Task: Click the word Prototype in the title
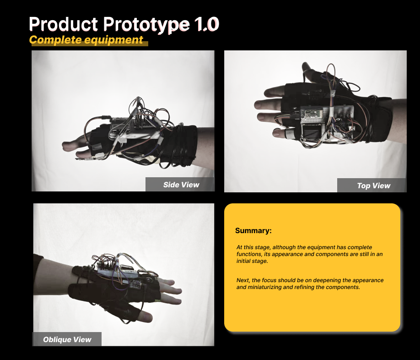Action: [146, 25]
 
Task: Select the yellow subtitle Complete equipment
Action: [86, 40]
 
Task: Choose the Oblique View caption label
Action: [67, 340]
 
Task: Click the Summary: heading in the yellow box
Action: [253, 230]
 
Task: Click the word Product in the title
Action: [64, 24]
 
